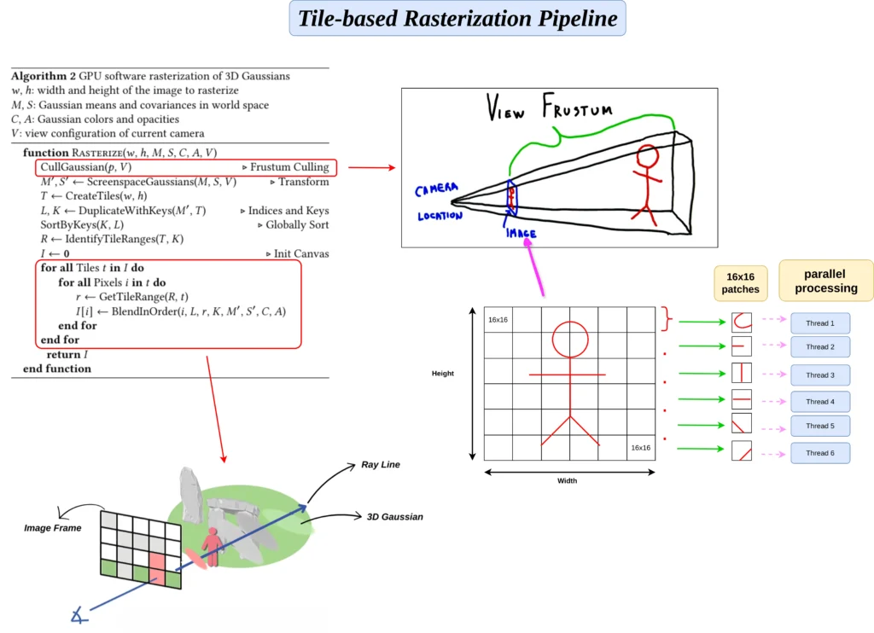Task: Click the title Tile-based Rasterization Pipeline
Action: click(457, 18)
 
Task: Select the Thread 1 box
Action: click(819, 323)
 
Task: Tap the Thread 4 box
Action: click(819, 401)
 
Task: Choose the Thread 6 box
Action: click(819, 453)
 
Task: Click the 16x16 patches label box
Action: click(741, 283)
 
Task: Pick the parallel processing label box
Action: click(825, 281)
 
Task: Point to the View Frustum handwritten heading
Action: click(551, 109)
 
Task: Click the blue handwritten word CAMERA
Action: click(437, 189)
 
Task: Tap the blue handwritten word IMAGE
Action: click(521, 232)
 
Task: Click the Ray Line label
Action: click(380, 465)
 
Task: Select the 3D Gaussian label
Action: click(394, 517)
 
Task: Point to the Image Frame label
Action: click(53, 528)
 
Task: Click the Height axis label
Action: click(443, 374)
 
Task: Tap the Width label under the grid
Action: click(567, 481)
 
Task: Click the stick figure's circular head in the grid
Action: click(569, 340)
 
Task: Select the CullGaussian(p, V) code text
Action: click(86, 167)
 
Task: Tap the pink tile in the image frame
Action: click(157, 568)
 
